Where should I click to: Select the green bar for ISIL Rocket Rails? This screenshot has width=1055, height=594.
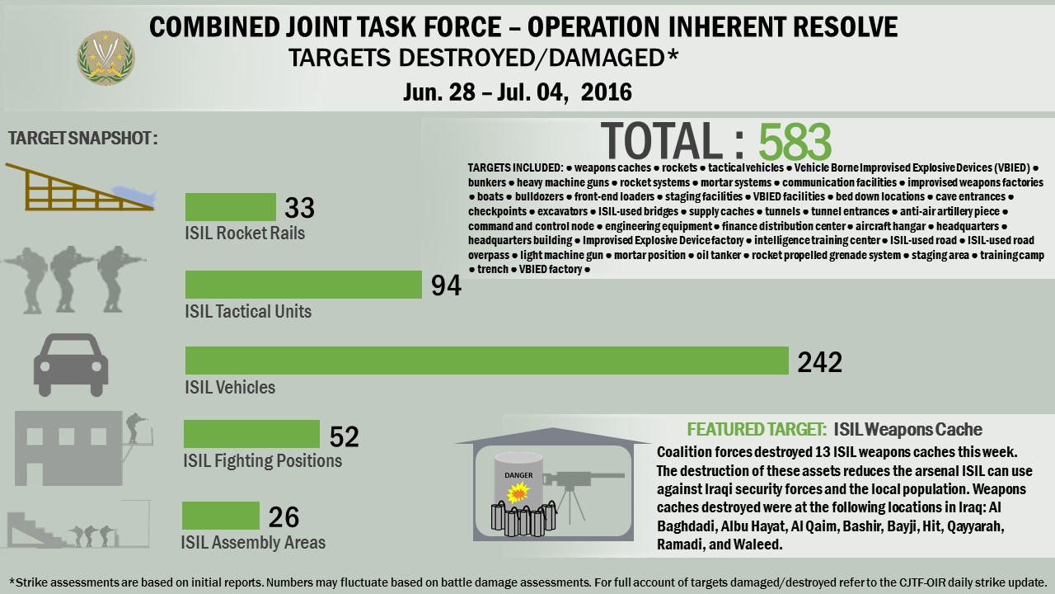click(x=231, y=207)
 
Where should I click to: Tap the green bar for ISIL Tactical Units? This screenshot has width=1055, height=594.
click(x=303, y=285)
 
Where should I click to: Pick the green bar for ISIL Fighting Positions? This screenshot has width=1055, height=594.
click(x=251, y=434)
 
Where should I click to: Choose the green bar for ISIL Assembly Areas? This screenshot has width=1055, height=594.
click(x=221, y=516)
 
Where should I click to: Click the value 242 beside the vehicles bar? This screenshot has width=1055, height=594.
click(x=820, y=363)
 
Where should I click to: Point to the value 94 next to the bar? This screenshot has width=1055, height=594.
click(x=446, y=285)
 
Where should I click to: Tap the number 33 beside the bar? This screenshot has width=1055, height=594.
click(x=300, y=208)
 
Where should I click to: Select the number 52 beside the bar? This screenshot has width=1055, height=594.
click(x=344, y=436)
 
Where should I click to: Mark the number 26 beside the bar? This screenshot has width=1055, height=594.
click(x=284, y=517)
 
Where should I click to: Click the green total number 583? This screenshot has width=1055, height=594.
click(x=795, y=142)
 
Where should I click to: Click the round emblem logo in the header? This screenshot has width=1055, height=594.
click(x=105, y=58)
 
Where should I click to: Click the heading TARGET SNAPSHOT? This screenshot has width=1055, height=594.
click(x=82, y=138)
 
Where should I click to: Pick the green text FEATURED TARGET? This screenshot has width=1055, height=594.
click(x=757, y=430)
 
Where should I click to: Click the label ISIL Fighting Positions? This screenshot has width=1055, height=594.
click(x=262, y=460)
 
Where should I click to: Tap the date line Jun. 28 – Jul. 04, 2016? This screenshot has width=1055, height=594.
click(x=518, y=91)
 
